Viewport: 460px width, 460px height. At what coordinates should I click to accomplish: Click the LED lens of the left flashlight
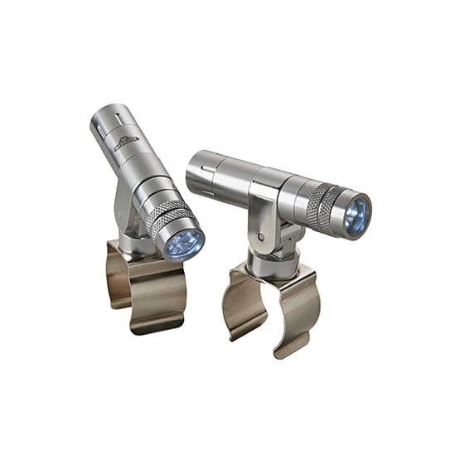(185, 245)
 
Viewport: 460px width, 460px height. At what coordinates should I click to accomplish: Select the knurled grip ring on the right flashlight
(324, 207)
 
